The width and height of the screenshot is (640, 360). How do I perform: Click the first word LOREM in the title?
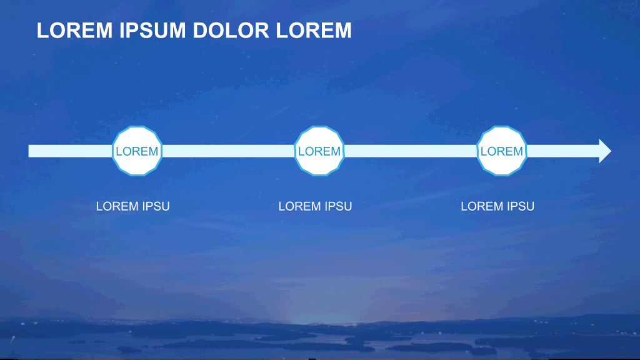(x=75, y=31)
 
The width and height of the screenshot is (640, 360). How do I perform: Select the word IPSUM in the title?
(x=152, y=31)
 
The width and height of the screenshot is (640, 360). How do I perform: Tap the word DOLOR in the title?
(x=231, y=31)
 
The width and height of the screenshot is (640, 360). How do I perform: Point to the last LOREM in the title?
(x=314, y=31)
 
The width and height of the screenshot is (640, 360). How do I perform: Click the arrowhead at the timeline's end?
(x=604, y=151)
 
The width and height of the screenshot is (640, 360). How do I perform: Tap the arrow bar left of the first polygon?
(x=70, y=151)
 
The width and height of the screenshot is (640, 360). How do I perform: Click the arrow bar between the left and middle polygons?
(x=228, y=151)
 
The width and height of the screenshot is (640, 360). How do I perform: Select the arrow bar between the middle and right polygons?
(x=411, y=151)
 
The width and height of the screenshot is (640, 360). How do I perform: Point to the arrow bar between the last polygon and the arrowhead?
(x=563, y=151)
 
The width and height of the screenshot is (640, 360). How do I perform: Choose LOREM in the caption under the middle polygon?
(x=297, y=206)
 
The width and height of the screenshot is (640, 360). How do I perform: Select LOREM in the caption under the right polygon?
(x=479, y=206)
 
